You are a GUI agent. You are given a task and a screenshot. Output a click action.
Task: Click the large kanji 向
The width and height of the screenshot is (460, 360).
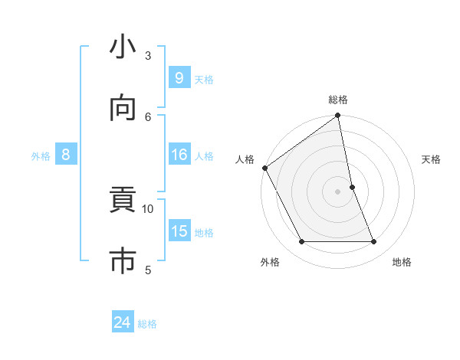(123, 110)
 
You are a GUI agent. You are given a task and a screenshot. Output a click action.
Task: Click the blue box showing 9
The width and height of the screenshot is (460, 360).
(179, 78)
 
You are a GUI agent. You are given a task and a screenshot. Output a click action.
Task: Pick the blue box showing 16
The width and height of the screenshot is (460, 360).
(179, 155)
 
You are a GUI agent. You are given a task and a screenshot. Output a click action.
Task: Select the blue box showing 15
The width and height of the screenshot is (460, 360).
(179, 231)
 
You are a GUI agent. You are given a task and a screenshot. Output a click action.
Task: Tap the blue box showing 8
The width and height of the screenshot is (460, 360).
(66, 155)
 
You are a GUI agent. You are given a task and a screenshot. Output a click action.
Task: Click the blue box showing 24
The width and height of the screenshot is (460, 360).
(122, 322)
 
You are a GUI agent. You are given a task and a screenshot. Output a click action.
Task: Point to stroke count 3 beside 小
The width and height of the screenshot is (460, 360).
(148, 55)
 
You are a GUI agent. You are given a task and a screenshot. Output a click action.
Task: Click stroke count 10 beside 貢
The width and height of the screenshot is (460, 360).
(148, 208)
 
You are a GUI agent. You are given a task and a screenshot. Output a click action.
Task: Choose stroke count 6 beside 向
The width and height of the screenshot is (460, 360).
(148, 116)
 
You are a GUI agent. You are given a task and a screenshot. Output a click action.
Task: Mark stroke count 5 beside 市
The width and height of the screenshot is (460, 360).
(148, 269)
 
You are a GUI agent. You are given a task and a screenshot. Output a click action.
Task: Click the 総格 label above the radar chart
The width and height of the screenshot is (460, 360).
(338, 100)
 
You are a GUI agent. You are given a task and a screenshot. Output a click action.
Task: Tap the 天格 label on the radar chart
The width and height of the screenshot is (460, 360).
(431, 159)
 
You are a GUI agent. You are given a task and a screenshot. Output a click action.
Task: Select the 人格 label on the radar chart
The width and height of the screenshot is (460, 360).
(245, 159)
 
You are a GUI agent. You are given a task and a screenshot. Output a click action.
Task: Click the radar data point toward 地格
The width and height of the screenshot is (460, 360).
(374, 242)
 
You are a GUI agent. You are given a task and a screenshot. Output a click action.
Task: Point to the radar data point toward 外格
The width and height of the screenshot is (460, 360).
(301, 242)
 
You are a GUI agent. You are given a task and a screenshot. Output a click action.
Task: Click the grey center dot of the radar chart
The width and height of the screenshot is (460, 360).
(338, 191)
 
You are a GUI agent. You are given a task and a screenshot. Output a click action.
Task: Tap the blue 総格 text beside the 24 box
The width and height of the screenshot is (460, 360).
(147, 324)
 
